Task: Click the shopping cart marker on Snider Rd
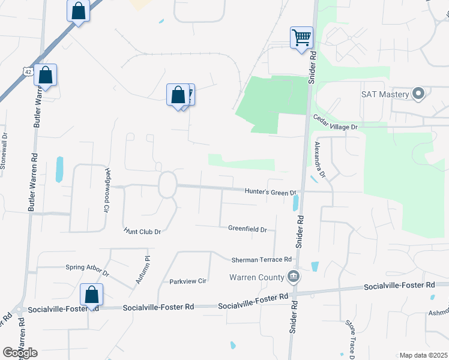[301, 37]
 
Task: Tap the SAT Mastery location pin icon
[419, 94]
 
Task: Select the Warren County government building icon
[294, 277]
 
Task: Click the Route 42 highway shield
[28, 71]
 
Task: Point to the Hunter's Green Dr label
[271, 192]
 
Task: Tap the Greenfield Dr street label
[247, 229]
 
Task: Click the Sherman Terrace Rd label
[262, 260]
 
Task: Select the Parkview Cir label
[188, 280]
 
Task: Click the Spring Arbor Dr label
[88, 269]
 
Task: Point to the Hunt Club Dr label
[143, 230]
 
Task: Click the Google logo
[20, 353]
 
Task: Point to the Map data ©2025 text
[423, 355]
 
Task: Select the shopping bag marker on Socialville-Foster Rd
[92, 295]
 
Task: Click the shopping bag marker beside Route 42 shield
[46, 76]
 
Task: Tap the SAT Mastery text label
[385, 94]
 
